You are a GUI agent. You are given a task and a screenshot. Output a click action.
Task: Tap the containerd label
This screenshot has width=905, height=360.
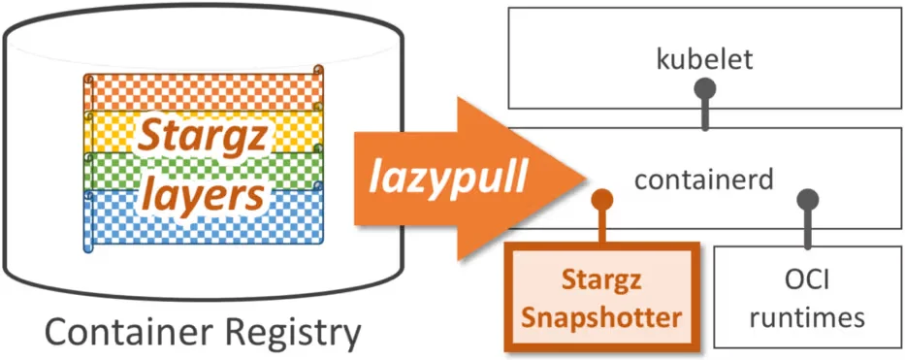point(703,180)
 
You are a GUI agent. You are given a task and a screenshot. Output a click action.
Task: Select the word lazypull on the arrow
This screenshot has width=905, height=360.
point(447,178)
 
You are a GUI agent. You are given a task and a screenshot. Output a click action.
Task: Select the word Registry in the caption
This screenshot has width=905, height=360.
point(290,333)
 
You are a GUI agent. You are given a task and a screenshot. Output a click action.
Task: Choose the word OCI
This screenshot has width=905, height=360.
point(806,281)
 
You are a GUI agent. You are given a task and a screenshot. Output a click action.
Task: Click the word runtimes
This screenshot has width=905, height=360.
point(806,316)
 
